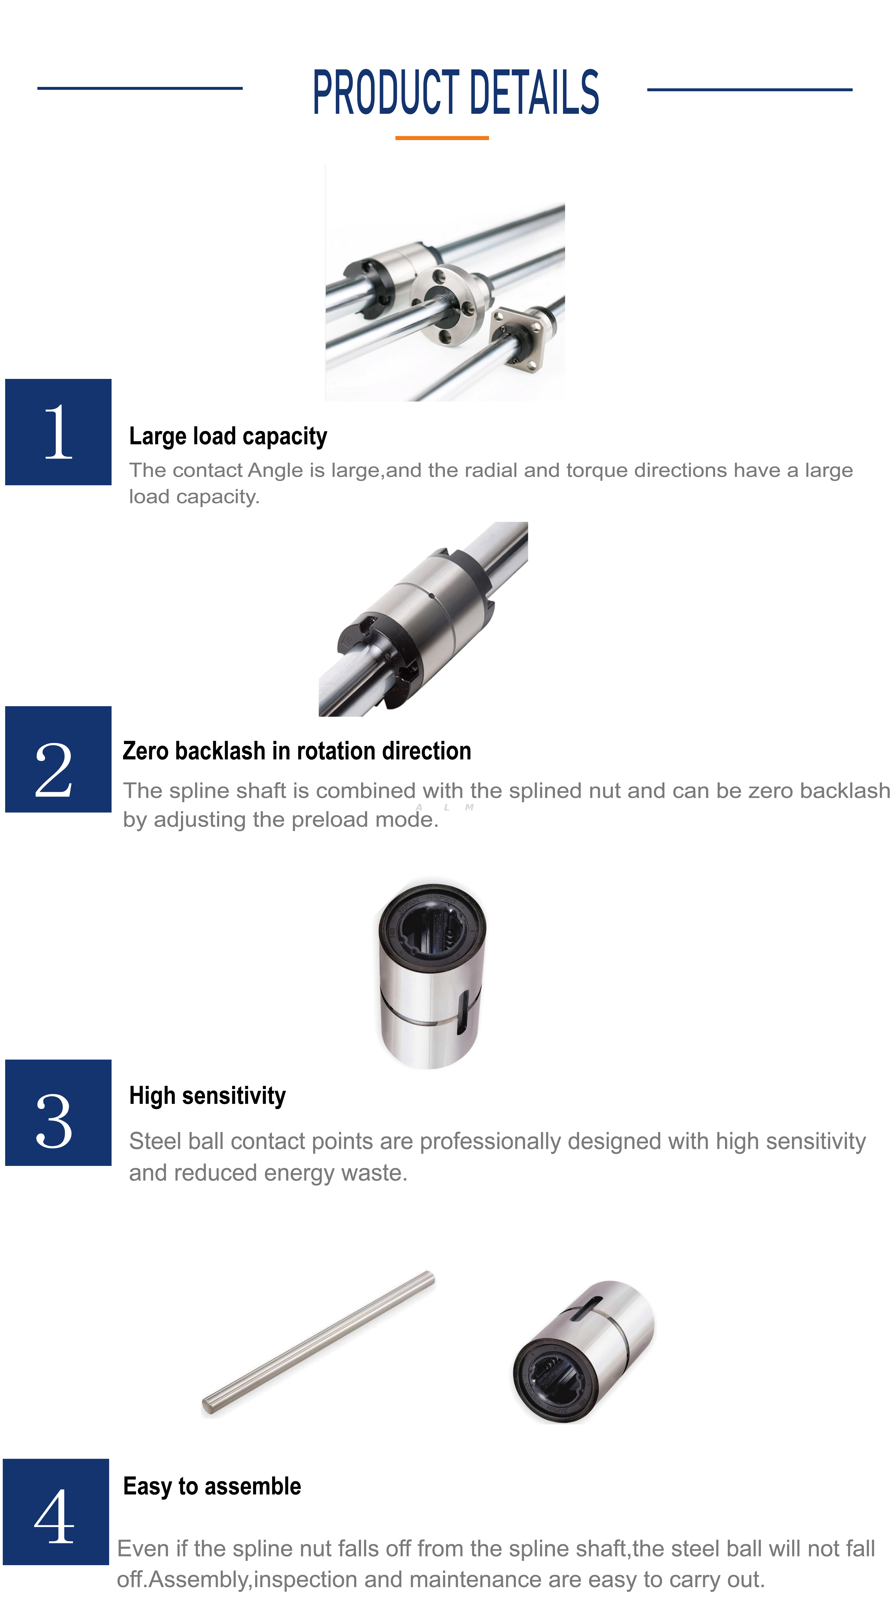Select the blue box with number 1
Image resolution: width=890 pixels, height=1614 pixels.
(58, 432)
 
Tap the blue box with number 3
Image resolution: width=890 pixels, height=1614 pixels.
(58, 1112)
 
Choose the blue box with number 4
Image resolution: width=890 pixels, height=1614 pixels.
(56, 1511)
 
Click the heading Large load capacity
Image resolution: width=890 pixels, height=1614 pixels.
(228, 436)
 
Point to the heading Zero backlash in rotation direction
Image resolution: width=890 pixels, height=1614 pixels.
(297, 751)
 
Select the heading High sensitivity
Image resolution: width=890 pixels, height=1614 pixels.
(207, 1095)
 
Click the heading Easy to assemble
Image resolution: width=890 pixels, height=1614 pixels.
(212, 1486)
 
